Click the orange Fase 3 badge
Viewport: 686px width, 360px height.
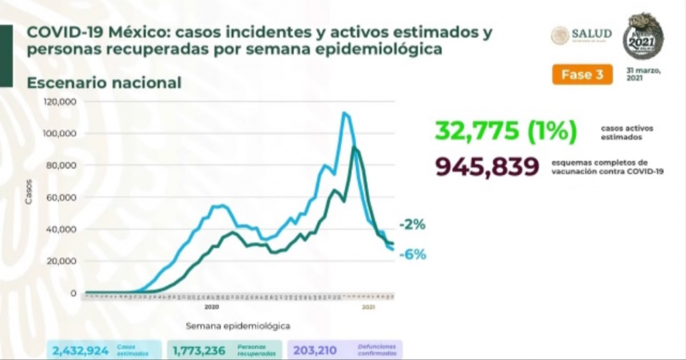pos(581,75)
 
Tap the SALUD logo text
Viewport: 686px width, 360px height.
pos(592,34)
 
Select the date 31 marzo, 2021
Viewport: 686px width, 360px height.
pos(644,74)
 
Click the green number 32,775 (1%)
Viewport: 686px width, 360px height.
pos(506,131)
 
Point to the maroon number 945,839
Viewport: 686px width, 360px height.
pos(487,166)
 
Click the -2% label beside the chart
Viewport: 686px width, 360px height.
pos(411,225)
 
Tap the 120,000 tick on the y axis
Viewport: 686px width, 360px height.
pos(61,102)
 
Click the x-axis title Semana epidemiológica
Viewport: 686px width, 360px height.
pos(238,325)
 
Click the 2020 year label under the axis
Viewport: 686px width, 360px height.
pos(212,307)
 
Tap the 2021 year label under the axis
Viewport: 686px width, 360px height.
pos(368,307)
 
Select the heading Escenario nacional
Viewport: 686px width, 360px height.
pos(104,82)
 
